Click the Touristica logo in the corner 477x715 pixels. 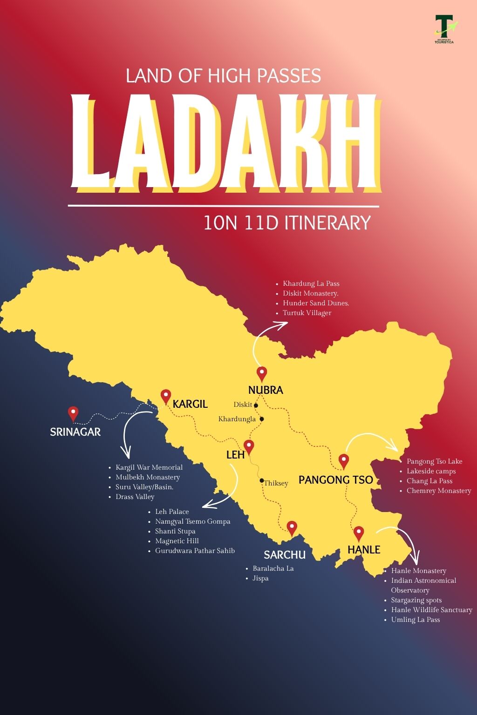(x=444, y=29)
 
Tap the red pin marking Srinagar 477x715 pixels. (x=73, y=413)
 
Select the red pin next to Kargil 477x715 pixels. (x=166, y=396)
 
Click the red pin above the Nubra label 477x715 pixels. (x=262, y=373)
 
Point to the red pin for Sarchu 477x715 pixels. (x=292, y=528)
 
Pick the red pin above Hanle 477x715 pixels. (x=358, y=533)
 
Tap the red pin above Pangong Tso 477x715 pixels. (x=344, y=461)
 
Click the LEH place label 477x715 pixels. (x=235, y=455)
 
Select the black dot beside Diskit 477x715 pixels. (x=256, y=405)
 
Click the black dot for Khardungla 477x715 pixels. (x=262, y=419)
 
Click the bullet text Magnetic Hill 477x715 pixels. (x=177, y=541)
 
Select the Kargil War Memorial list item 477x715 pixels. (x=149, y=467)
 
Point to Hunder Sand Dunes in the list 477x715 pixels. (x=316, y=303)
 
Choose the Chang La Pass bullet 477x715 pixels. (x=429, y=481)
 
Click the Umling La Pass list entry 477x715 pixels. (x=415, y=620)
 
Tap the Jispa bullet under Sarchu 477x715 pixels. (x=260, y=578)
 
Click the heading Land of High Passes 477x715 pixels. (x=223, y=76)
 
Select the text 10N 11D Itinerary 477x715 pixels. (x=287, y=223)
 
